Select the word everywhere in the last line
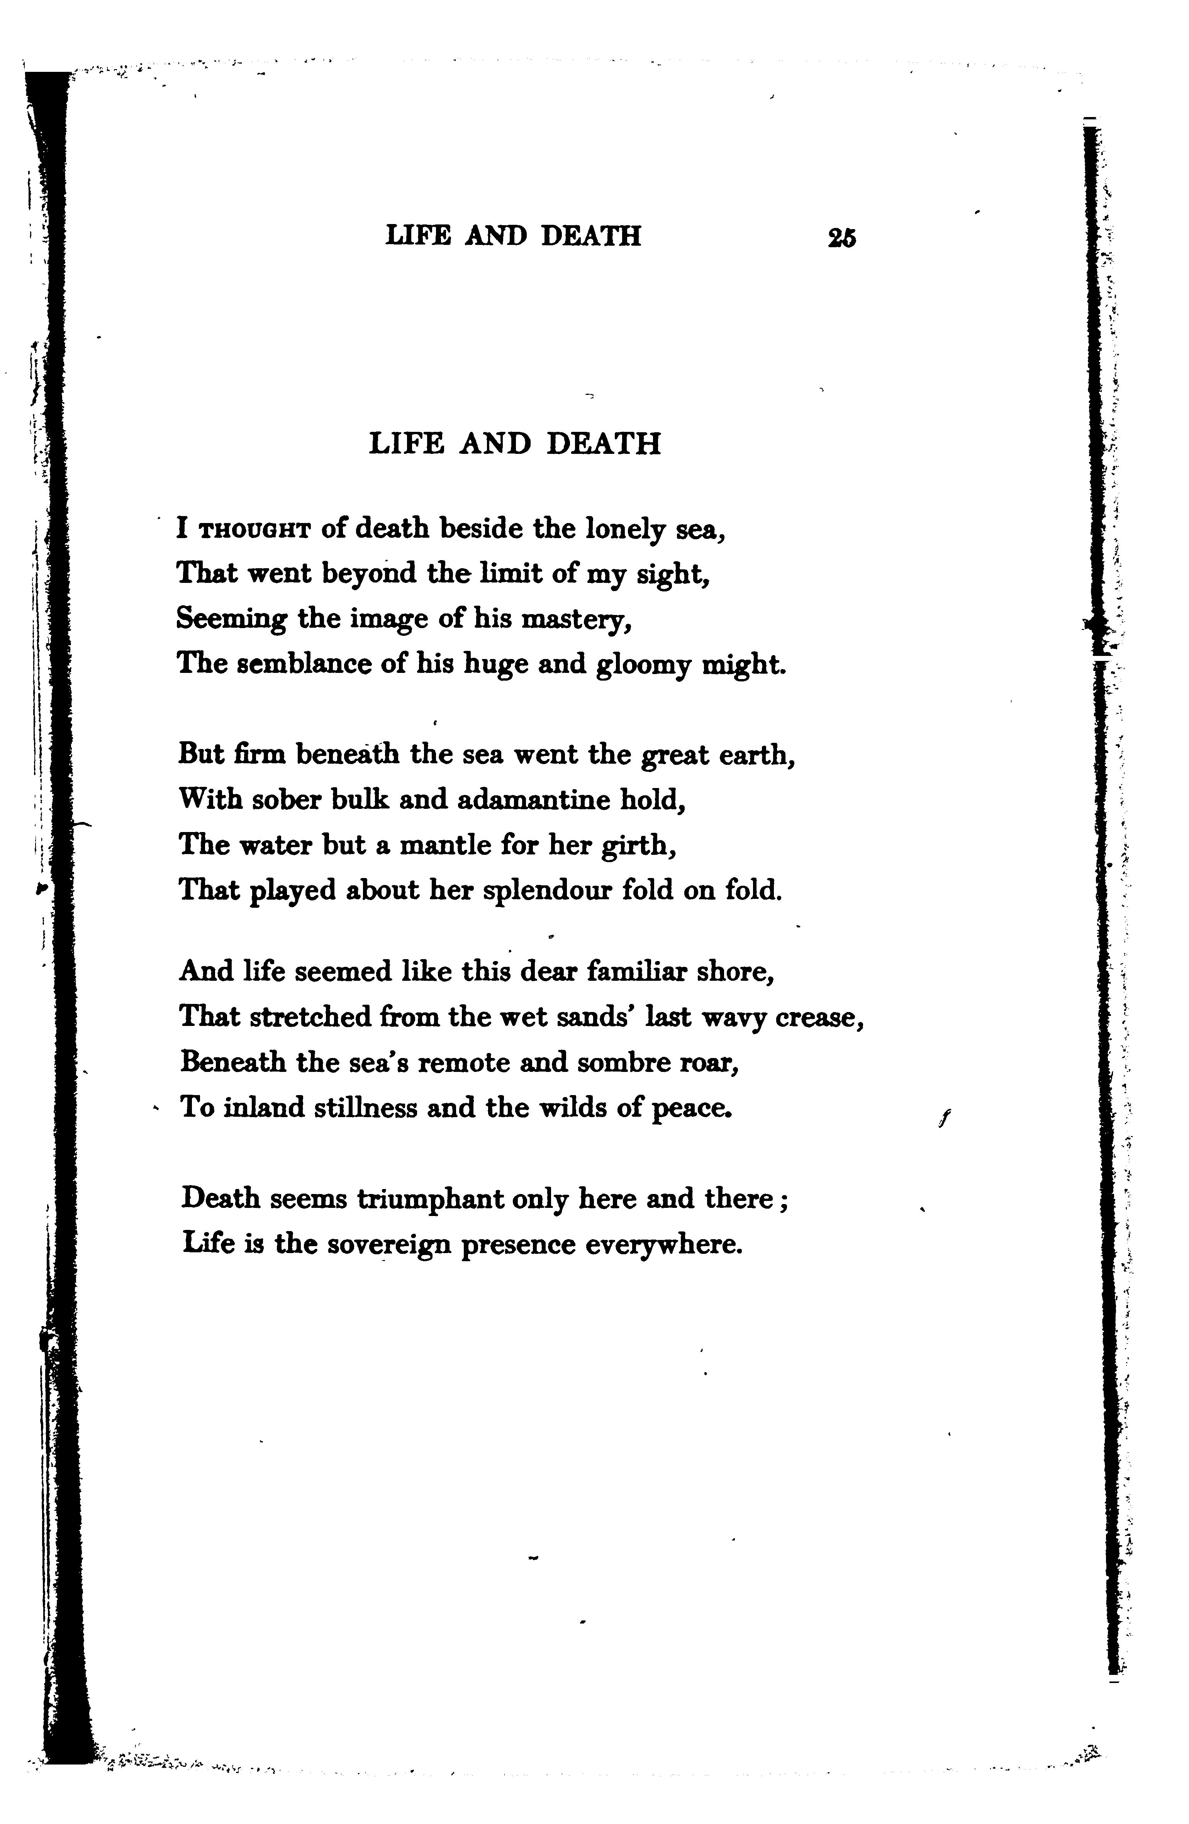[x=663, y=1244]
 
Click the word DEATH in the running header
[x=591, y=235]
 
